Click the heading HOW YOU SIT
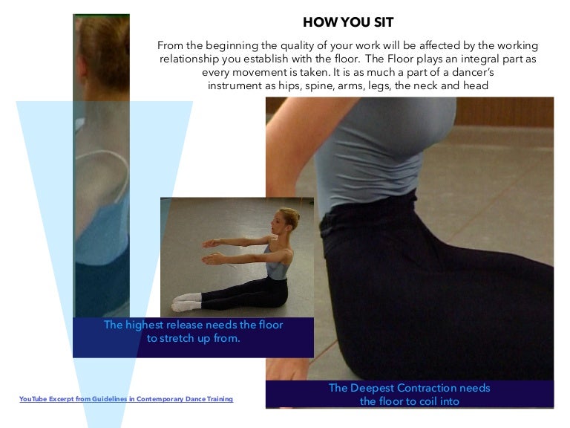tap(348, 22)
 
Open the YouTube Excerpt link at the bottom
tap(126, 399)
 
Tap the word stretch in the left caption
tap(178, 339)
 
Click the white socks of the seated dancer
tap(186, 302)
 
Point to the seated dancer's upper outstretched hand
tap(211, 244)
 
